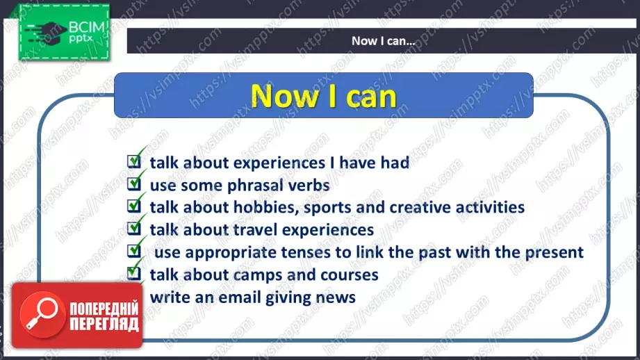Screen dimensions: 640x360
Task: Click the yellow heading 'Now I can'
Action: [x=324, y=97]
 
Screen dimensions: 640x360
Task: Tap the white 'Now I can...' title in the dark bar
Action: [x=384, y=41]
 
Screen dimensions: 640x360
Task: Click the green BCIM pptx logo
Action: [x=64, y=32]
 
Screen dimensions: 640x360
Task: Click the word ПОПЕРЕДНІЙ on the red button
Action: [x=104, y=309]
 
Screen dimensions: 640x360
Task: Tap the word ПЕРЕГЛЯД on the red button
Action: [x=104, y=324]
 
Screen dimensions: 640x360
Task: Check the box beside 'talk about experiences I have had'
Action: [x=134, y=161]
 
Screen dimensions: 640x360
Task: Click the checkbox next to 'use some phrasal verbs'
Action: [x=134, y=183]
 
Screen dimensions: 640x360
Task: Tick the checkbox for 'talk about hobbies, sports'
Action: [x=134, y=206]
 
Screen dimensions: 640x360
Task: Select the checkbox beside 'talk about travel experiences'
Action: [x=134, y=228]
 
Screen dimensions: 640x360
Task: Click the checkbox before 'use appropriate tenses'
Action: [x=134, y=251]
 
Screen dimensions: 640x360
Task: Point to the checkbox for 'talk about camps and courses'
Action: [x=134, y=272]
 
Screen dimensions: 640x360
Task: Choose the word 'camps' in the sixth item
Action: [x=258, y=275]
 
